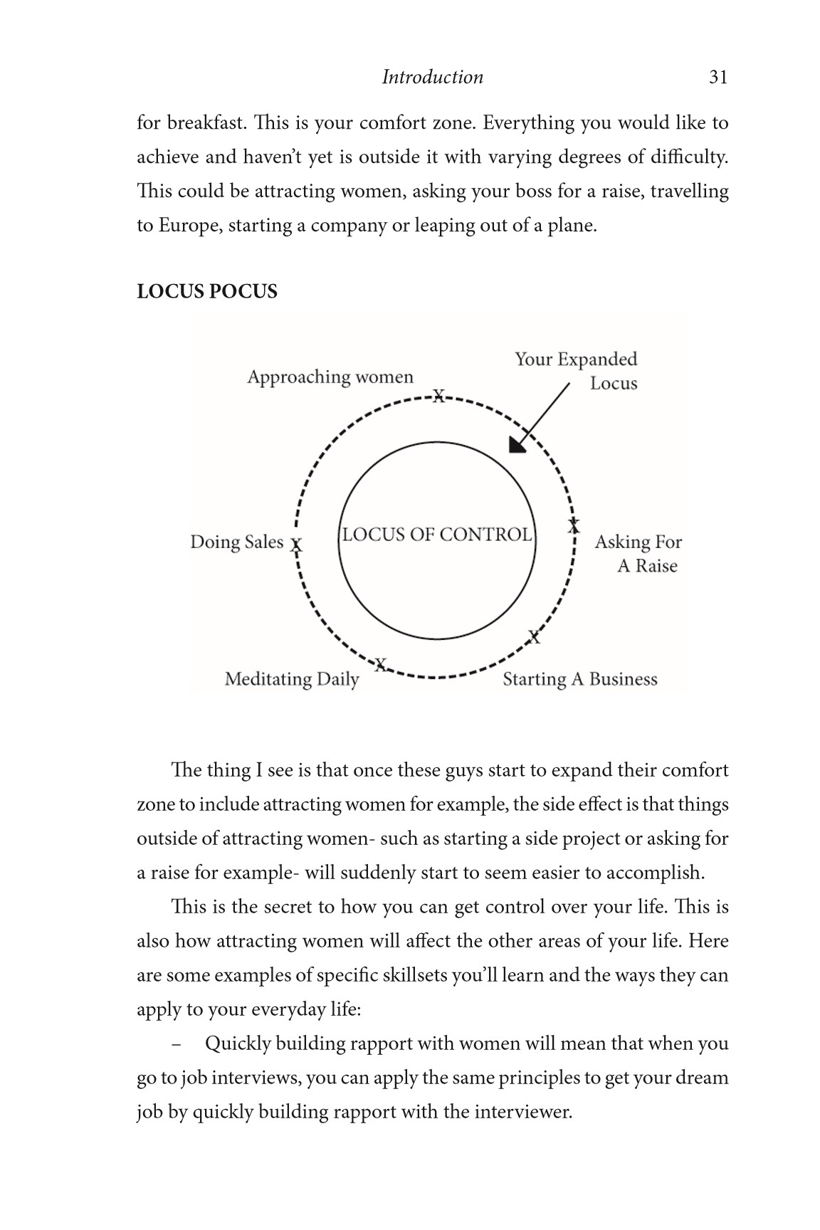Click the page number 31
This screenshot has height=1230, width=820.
pos(718,77)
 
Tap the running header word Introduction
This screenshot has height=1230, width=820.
pos(432,77)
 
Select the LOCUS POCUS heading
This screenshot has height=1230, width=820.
pos(207,292)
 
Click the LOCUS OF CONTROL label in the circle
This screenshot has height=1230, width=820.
pos(436,535)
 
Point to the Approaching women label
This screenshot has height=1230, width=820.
pos(330,377)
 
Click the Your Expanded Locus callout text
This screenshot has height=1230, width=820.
pos(577,371)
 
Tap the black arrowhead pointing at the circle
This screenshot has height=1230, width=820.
pos(517,444)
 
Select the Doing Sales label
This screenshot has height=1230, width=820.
pos(236,542)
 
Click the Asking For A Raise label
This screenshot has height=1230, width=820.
pos(638,554)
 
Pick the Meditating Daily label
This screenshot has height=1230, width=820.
pos(292,679)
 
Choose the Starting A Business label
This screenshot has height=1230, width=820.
pos(580,679)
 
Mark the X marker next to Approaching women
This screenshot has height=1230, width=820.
pos(439,396)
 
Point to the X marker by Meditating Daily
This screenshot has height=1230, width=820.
pos(381,665)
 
